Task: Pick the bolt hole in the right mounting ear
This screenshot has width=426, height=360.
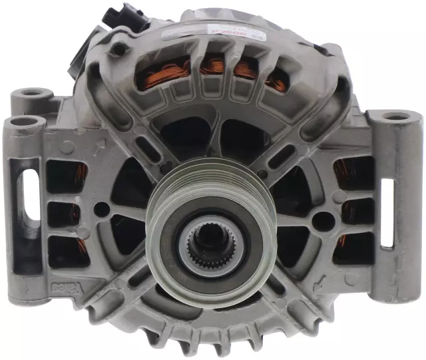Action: click(397, 116)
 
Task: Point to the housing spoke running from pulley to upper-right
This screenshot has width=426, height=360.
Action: click(280, 150)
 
